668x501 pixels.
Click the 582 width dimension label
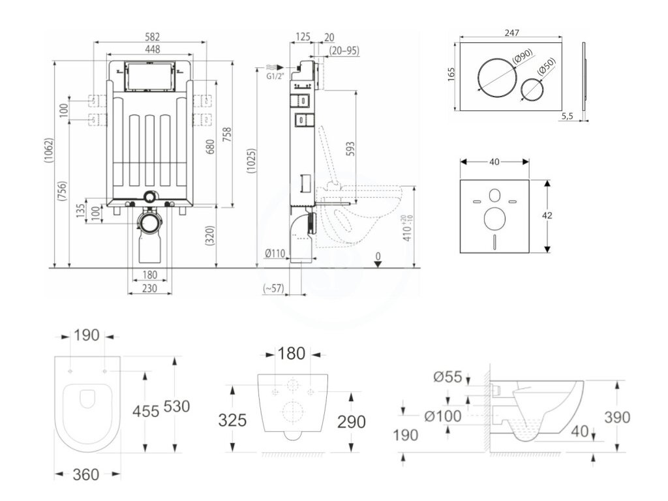point(151,37)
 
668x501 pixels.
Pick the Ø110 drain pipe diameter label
point(276,254)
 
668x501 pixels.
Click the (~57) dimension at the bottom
point(273,288)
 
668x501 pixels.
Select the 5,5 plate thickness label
point(566,117)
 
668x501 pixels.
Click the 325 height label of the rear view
point(232,420)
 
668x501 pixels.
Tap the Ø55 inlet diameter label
point(447,376)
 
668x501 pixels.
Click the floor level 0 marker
point(378,256)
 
